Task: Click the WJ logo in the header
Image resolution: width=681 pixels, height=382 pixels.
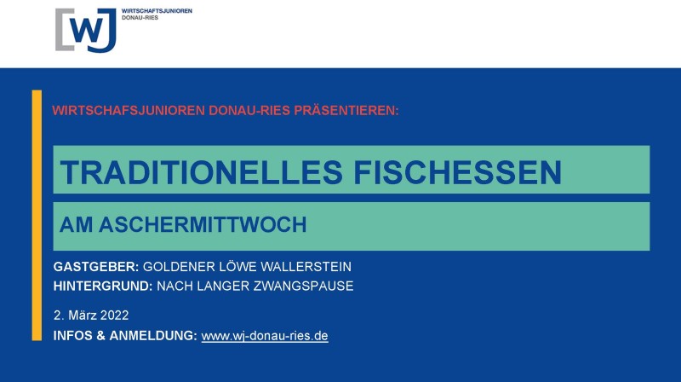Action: coord(86,30)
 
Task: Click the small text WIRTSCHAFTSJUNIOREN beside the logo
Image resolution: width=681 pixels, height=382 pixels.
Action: coord(157,11)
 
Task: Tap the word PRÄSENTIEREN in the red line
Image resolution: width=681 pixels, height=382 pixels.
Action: coord(346,110)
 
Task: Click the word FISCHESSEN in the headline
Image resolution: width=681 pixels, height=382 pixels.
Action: coord(458,172)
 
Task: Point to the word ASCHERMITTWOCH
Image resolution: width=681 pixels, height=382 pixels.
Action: coord(203,224)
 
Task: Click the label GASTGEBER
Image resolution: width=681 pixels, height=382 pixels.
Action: coord(96,266)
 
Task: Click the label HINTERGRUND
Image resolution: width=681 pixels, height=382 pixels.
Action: coord(103,286)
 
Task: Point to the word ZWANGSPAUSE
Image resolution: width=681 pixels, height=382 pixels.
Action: coord(303,286)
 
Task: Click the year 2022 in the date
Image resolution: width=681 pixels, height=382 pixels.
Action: coord(114,315)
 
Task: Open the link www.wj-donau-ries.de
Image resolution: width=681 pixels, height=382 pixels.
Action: coord(265,336)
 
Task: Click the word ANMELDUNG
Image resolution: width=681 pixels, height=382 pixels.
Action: coord(153,335)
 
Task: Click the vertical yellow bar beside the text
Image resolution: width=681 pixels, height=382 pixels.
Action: coord(37,215)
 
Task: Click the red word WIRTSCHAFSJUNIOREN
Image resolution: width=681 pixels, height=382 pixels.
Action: coord(129,110)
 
